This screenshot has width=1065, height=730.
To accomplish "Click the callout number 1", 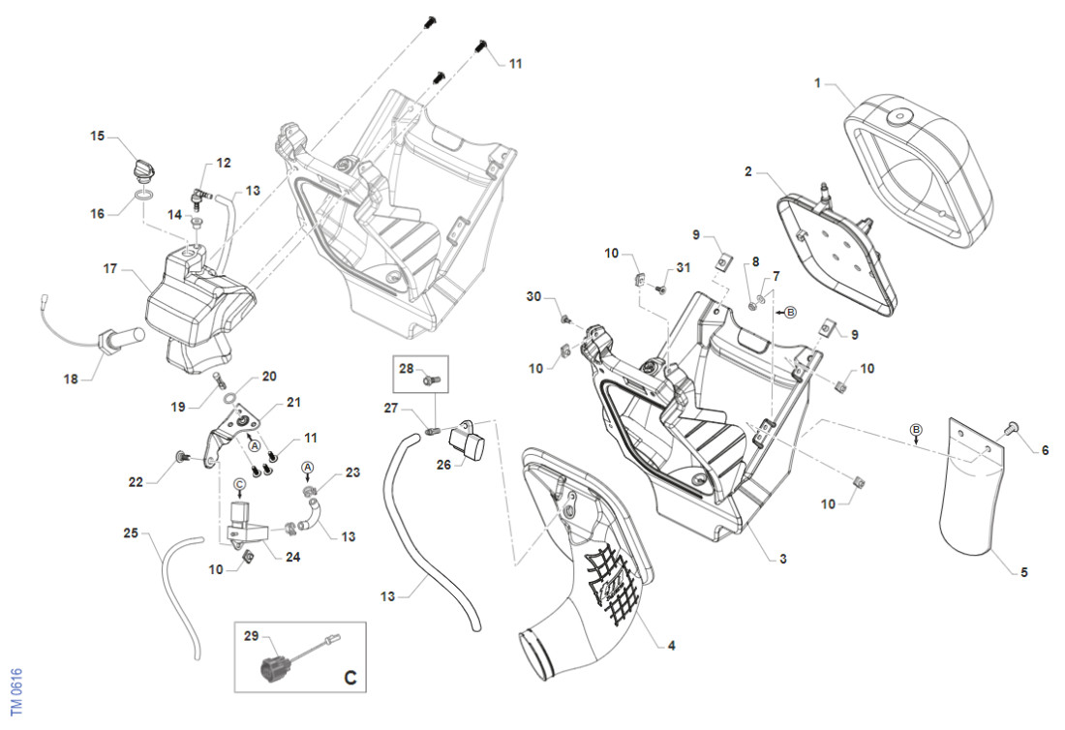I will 817,84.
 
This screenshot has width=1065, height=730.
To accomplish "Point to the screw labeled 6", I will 1015,427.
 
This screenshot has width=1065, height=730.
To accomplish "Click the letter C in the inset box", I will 350,678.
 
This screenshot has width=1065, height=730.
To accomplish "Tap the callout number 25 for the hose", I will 131,532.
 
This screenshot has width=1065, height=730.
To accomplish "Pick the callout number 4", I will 658,644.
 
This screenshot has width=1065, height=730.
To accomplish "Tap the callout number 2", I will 748,171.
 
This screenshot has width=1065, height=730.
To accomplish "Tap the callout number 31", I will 684,268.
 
